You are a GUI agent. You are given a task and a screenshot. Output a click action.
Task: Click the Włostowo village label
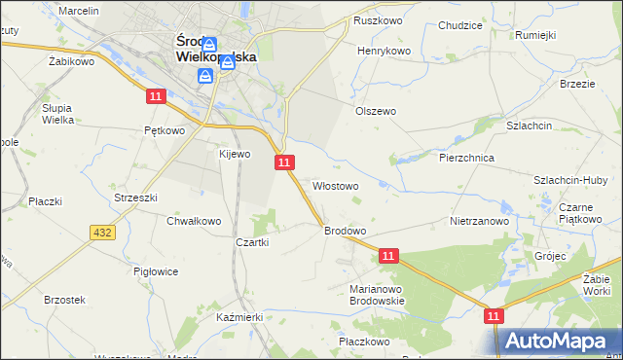336,185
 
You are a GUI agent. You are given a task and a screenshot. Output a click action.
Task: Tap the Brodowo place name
345,231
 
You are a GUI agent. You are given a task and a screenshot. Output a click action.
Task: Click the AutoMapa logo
559,341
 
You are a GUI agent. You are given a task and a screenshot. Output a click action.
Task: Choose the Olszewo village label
375,111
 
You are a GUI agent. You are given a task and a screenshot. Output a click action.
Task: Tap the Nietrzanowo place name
480,221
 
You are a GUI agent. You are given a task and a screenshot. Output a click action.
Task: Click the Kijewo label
235,154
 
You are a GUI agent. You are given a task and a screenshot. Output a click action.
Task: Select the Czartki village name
251,242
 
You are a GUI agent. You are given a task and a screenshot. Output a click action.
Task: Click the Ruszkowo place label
379,20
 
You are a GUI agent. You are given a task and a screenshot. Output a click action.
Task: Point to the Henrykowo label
385,50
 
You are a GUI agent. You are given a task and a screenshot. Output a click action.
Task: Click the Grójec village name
550,256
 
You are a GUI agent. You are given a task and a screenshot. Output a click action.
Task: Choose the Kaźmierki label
240,318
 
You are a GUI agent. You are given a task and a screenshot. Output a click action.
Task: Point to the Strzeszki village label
135,197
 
